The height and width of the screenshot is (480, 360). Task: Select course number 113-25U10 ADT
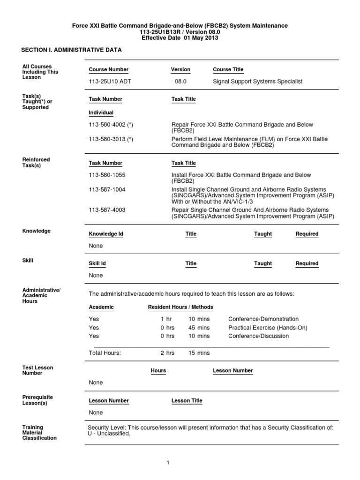coord(109,82)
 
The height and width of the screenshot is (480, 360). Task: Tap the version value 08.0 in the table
coord(180,82)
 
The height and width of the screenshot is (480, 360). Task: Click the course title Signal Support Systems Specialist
coord(258,82)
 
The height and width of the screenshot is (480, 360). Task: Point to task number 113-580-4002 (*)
coord(111,125)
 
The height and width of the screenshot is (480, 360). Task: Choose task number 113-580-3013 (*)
coord(111,139)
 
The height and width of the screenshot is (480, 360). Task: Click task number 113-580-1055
coord(107,175)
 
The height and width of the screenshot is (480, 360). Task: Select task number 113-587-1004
coord(107,189)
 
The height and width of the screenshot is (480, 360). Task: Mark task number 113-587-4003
coord(107,210)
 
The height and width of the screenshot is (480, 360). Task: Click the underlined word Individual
coord(101,113)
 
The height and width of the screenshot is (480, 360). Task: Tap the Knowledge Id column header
coord(106,234)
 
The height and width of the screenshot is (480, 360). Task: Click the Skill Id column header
coord(97,263)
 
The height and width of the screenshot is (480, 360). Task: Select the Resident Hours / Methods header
coord(180,307)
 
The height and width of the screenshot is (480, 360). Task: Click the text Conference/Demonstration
coord(263,319)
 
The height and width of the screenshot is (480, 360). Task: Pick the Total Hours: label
coord(105,353)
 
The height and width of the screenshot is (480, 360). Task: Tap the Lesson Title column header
coord(187,401)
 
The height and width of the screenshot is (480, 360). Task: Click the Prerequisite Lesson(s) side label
coord(37,400)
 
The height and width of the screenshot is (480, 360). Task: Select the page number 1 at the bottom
coord(167,463)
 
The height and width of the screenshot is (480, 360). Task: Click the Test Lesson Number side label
coord(37,370)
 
